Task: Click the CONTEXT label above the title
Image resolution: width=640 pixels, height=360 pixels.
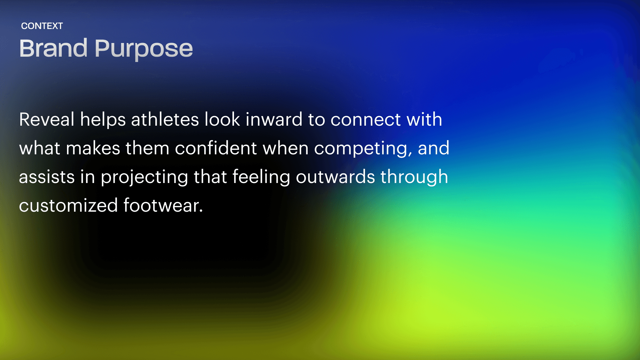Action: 42,26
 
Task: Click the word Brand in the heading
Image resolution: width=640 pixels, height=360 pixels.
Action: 53,48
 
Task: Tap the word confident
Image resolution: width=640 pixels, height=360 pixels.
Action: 216,148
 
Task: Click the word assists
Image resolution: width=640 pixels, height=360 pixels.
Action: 47,177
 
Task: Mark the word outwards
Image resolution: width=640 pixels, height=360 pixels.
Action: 335,177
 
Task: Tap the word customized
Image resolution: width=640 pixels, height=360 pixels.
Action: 68,205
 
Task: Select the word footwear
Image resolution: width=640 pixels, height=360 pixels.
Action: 161,205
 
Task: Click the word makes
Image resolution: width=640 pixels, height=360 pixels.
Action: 93,148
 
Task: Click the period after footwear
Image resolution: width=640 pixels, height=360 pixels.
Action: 201,211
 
